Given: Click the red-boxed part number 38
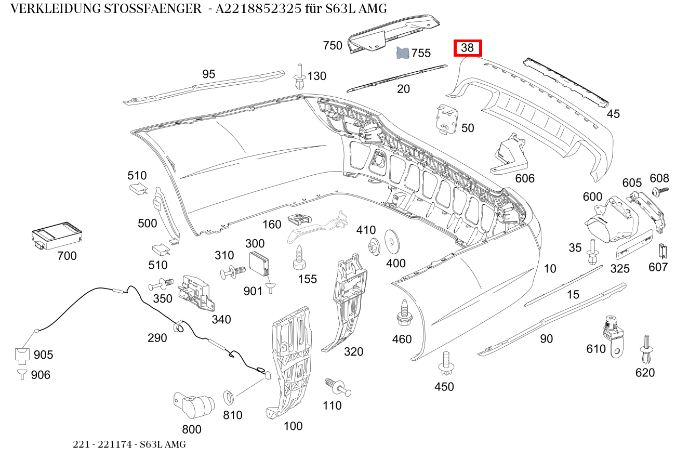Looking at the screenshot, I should [x=468, y=48].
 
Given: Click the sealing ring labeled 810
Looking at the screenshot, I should [x=229, y=398].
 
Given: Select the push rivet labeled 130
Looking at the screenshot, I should [x=299, y=76].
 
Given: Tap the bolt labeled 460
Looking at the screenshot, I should [x=403, y=311].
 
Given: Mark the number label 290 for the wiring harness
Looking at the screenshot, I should [x=157, y=338].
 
